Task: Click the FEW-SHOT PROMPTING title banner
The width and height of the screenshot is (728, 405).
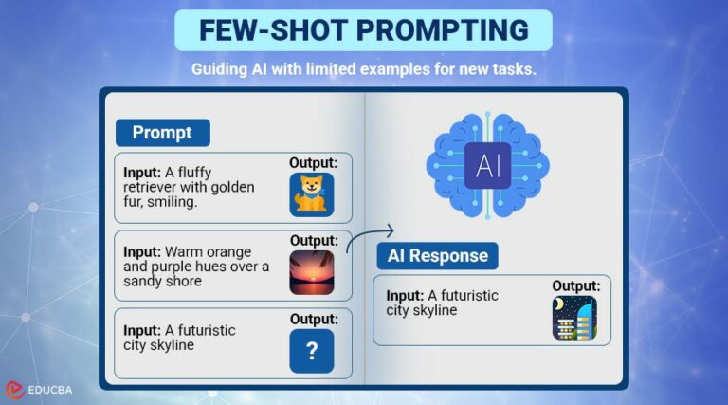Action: [363, 29]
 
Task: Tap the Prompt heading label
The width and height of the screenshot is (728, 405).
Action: [162, 132]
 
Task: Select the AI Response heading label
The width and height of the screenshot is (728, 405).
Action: [437, 255]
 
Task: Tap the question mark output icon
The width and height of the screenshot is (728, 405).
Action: [312, 351]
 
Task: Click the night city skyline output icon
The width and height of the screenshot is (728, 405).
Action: [574, 318]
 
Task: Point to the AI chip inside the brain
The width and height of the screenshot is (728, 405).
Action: [488, 167]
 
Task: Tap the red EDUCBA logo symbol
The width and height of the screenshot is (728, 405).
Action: [14, 389]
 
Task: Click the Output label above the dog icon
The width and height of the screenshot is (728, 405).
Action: [313, 163]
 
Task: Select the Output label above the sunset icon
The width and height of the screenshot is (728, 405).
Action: [313, 240]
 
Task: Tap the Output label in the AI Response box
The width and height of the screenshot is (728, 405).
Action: [575, 285]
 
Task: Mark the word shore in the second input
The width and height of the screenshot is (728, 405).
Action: [183, 281]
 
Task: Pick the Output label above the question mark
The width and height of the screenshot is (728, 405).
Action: [313, 319]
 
